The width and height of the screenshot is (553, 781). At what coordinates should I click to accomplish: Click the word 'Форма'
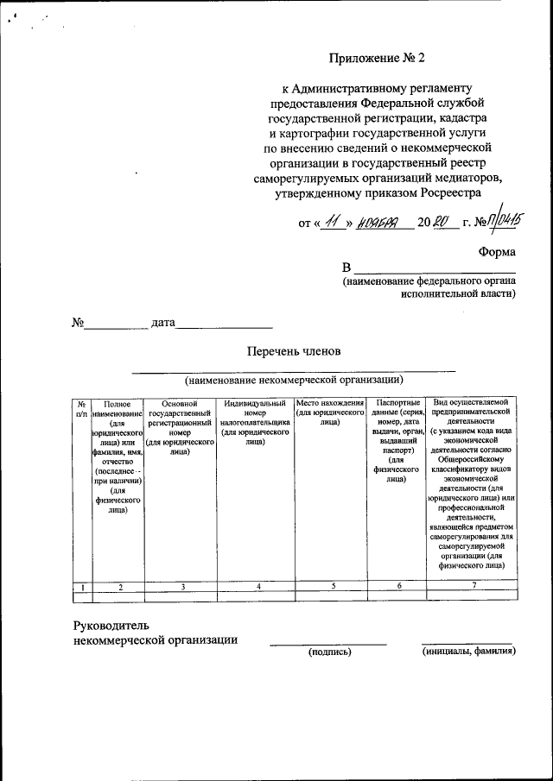(497, 252)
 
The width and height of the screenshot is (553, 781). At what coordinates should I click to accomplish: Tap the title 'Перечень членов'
(294, 351)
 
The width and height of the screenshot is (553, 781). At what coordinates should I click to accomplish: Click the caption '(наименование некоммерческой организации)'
(294, 380)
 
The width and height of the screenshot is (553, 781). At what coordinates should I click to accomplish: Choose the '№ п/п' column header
(80, 409)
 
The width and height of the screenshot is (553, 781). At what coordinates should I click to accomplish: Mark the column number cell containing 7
(473, 587)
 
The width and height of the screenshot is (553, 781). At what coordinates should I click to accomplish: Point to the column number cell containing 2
(120, 587)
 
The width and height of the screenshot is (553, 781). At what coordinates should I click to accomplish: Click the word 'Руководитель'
(112, 624)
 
